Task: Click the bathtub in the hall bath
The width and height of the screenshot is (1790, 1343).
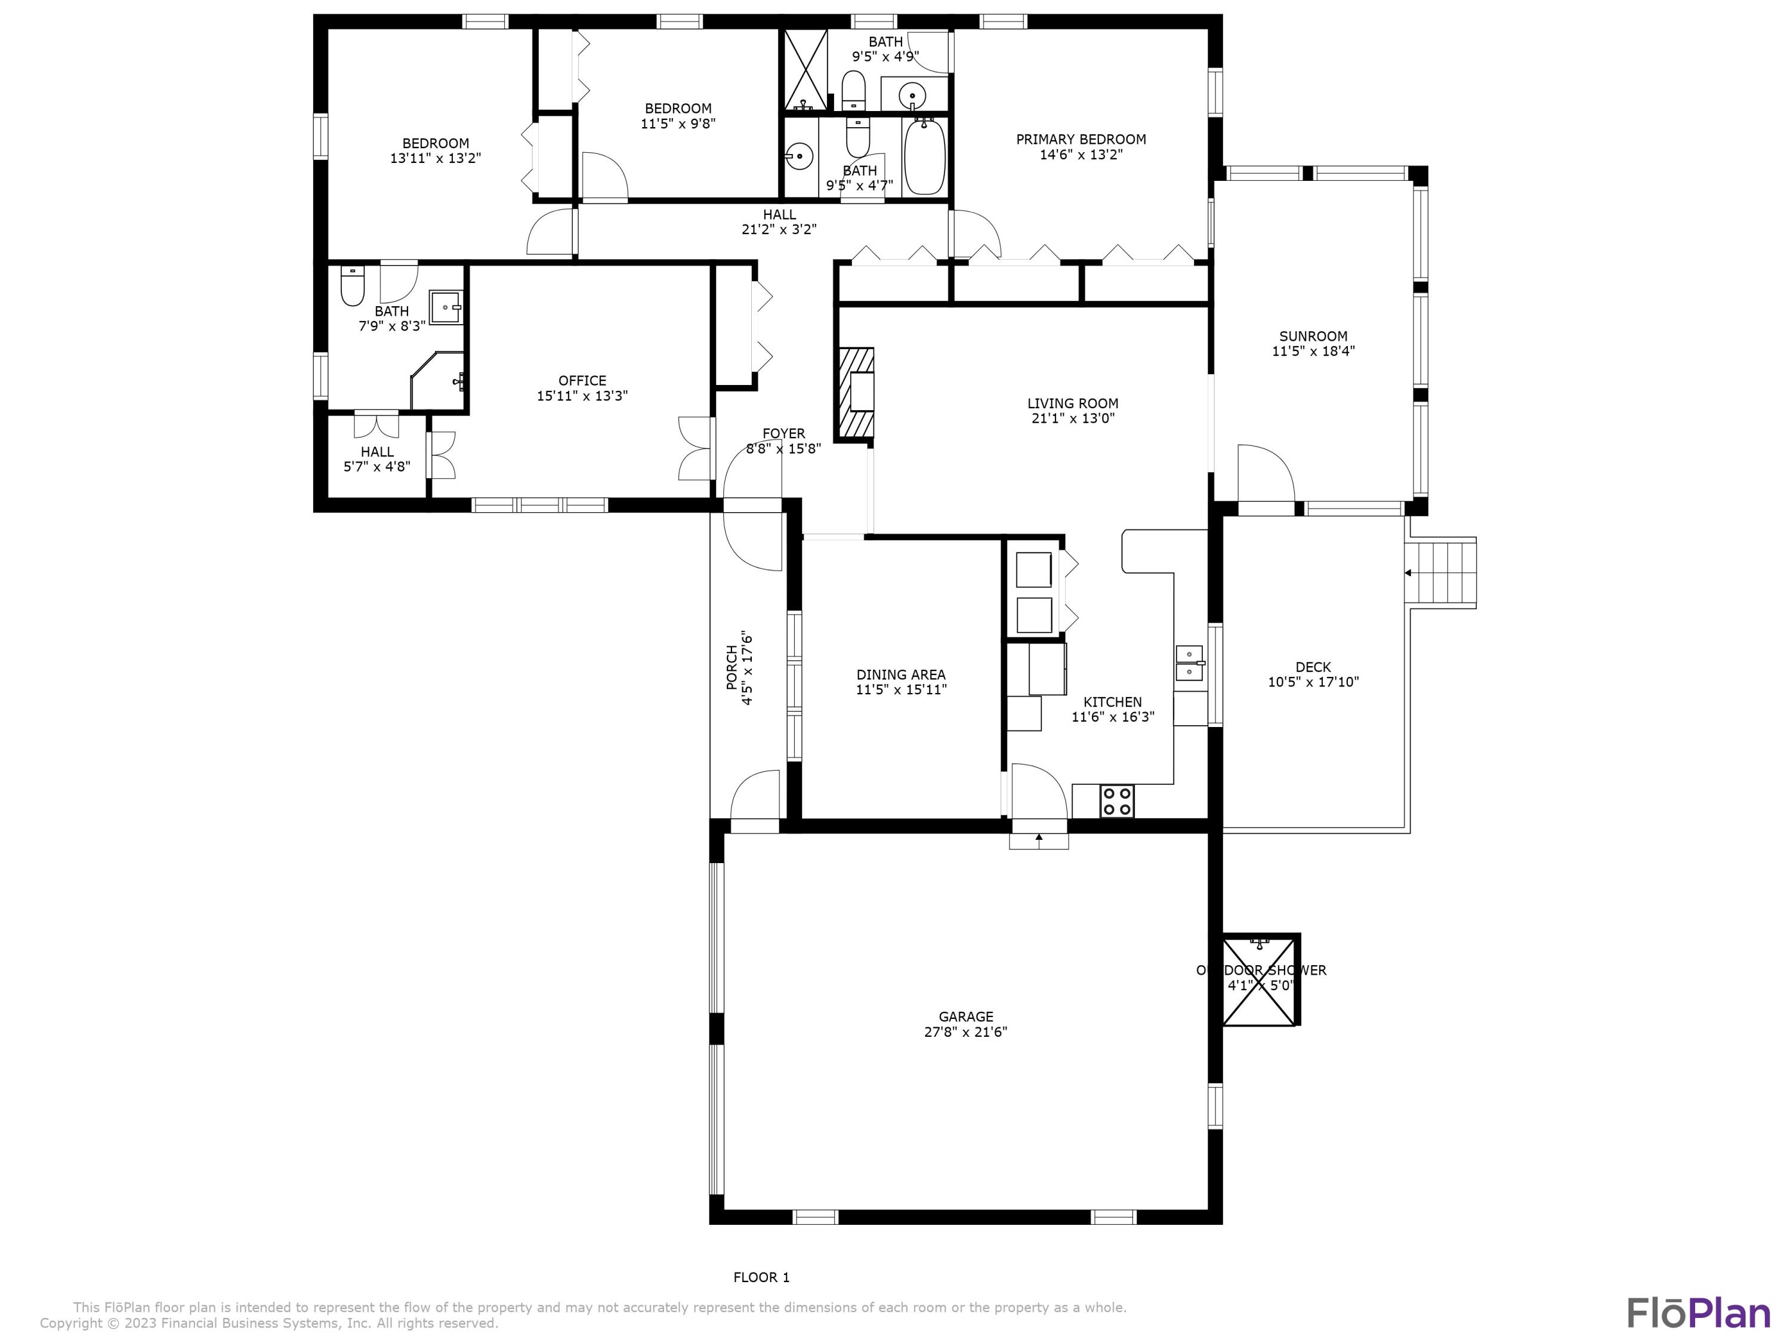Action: [x=924, y=157]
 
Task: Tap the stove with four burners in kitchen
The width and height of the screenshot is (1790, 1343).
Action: [x=1117, y=802]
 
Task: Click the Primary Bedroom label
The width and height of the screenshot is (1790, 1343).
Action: [x=1081, y=139]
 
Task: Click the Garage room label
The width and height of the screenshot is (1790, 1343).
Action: [x=965, y=1017]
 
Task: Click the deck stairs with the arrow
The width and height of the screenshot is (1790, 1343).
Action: [x=1441, y=573]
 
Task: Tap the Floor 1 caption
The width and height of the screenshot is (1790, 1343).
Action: [x=761, y=1277]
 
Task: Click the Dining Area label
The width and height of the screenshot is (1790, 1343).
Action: [x=900, y=674]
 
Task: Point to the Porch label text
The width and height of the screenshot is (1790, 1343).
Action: [x=732, y=667]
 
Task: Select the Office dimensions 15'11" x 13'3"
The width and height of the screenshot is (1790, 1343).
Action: [x=582, y=396]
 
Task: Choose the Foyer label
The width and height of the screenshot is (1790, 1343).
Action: [x=783, y=434]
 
